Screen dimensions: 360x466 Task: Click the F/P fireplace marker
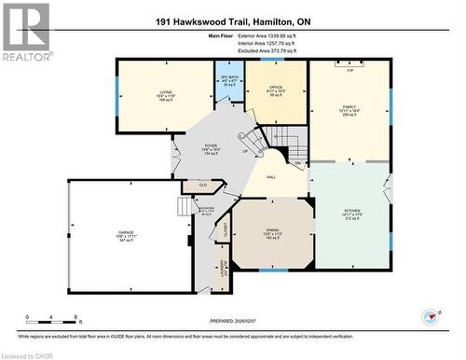(349, 71)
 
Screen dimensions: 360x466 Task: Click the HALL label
(269, 175)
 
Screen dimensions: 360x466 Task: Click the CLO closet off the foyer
(202, 186)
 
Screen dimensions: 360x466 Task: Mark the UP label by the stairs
(245, 151)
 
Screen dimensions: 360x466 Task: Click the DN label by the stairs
(298, 163)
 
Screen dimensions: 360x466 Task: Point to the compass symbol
(432, 317)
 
